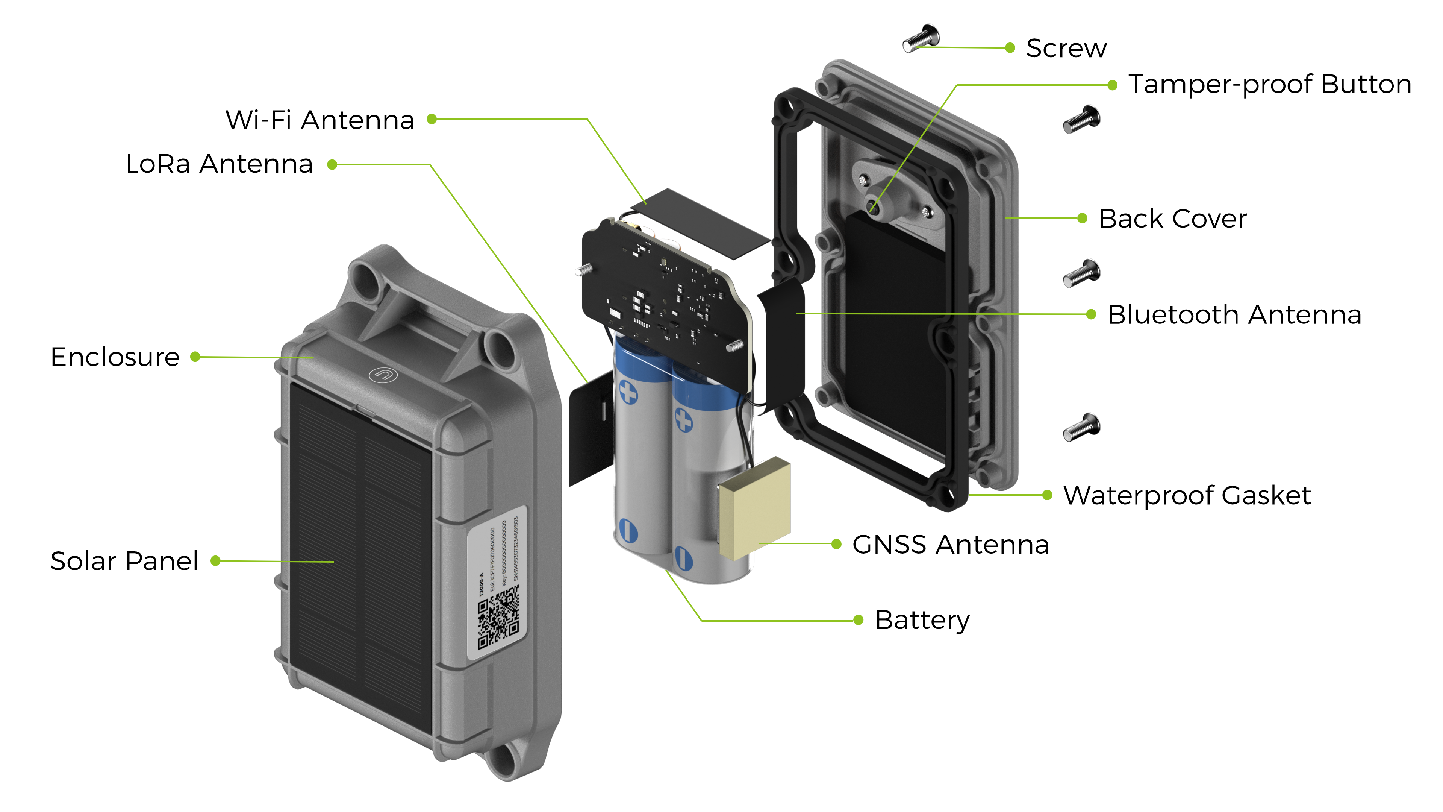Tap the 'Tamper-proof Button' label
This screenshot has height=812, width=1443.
pos(1269,85)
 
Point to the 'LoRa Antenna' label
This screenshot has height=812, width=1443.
pos(219,164)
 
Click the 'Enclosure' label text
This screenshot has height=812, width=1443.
pos(115,357)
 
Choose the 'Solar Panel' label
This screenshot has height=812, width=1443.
pos(124,561)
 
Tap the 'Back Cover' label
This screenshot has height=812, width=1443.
pos(1172,219)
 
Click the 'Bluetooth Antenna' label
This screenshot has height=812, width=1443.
pos(1234,314)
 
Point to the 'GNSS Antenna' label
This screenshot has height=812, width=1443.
pos(950,544)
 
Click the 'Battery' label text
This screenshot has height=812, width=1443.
pos(922,620)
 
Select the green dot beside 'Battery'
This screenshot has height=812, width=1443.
pos(858,620)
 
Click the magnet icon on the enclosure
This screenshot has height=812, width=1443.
pos(383,374)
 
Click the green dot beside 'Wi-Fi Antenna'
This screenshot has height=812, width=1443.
pos(432,119)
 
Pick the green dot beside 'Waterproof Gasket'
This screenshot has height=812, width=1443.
pos(1047,495)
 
